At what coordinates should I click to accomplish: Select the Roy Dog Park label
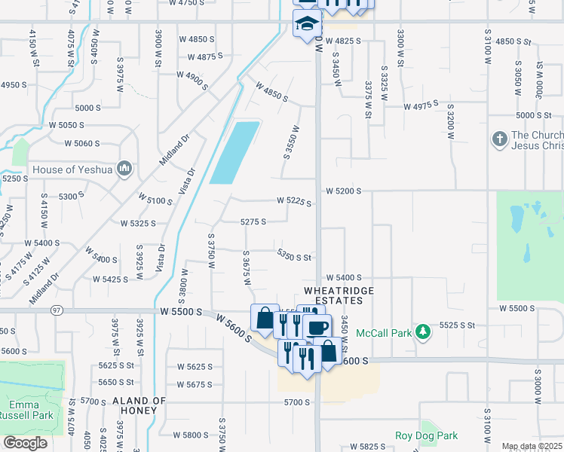click(426, 435)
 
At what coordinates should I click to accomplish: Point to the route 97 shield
click(57, 310)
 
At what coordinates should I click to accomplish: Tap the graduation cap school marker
click(306, 24)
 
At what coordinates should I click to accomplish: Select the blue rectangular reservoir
click(234, 152)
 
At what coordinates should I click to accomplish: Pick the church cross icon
click(498, 139)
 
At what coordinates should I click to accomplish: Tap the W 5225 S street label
click(293, 201)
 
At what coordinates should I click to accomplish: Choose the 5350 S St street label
click(294, 257)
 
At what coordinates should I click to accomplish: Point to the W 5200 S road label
click(344, 191)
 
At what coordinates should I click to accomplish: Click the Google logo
click(26, 443)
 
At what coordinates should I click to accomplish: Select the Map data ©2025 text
click(532, 447)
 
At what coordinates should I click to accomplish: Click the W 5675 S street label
click(195, 384)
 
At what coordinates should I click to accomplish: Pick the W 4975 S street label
click(421, 106)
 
